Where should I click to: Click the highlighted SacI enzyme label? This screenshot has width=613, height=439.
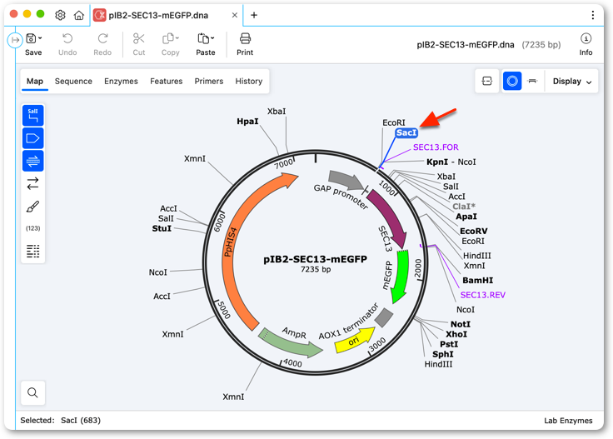(x=406, y=133)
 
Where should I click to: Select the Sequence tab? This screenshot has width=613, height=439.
(x=73, y=82)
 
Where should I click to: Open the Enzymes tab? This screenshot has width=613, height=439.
(x=121, y=82)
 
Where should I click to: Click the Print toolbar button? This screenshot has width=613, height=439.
(x=245, y=44)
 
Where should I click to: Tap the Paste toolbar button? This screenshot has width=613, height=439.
(x=206, y=44)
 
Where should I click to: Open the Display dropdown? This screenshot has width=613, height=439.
(x=571, y=82)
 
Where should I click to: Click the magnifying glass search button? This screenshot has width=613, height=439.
(x=32, y=392)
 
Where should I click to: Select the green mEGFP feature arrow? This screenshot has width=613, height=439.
(x=401, y=276)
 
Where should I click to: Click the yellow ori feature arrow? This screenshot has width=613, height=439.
(x=354, y=340)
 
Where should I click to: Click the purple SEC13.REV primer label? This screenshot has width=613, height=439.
(x=483, y=295)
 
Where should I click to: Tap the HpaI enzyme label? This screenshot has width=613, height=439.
(x=247, y=122)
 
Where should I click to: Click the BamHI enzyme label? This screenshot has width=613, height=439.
(x=478, y=280)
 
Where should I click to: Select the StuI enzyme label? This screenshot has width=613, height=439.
(x=162, y=228)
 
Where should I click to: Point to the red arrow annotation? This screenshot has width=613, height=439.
(x=438, y=117)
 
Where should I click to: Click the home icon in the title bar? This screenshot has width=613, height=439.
(x=79, y=15)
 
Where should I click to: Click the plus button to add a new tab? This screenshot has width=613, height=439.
(x=254, y=15)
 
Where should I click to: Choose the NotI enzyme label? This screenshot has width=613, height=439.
(x=461, y=324)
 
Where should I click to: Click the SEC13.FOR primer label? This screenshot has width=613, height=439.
(x=436, y=147)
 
